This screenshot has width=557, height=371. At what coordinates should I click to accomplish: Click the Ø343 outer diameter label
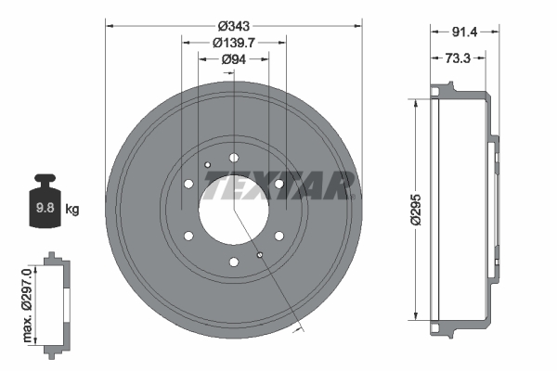pyautogui.click(x=234, y=13)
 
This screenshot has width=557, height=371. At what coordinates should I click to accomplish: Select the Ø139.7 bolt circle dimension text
pyautogui.click(x=234, y=42)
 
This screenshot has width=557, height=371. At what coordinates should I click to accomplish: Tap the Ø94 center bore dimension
pyautogui.click(x=234, y=60)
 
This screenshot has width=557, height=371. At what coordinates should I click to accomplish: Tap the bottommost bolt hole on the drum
pyautogui.click(x=234, y=262)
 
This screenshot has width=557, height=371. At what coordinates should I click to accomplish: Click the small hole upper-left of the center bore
pyautogui.click(x=208, y=165)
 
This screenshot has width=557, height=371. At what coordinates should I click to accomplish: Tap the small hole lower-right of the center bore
pyautogui.click(x=260, y=254)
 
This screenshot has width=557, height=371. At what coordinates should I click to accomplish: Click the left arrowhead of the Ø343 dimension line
pyautogui.click(x=110, y=26)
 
